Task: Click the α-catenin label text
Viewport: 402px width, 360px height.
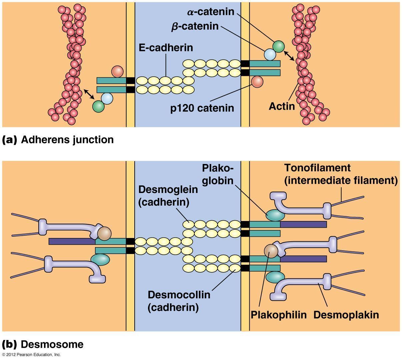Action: pyautogui.click(x=211, y=12)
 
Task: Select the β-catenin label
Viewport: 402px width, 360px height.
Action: pyautogui.click(x=195, y=26)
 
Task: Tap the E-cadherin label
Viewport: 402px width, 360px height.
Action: pyautogui.click(x=166, y=48)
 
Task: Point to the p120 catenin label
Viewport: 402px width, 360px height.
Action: pyautogui.click(x=202, y=108)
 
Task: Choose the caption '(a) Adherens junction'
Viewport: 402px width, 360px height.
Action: pyautogui.click(x=58, y=139)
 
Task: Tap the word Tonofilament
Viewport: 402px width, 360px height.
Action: pyautogui.click(x=317, y=168)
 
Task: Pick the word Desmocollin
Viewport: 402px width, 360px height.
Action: pyautogui.click(x=179, y=295)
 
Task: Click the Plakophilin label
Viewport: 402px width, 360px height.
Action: pyautogui.click(x=279, y=315)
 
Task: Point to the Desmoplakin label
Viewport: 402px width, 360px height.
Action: pyautogui.click(x=346, y=315)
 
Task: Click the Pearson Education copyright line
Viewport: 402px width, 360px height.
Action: pyautogui.click(x=31, y=355)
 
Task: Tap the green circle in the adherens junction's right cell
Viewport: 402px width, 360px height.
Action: pyautogui.click(x=279, y=46)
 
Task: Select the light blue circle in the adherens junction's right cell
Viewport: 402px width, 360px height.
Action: pyautogui.click(x=270, y=54)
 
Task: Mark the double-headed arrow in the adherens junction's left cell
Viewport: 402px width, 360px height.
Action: pyautogui.click(x=89, y=94)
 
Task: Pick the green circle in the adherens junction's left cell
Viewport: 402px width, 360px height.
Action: pyautogui.click(x=99, y=106)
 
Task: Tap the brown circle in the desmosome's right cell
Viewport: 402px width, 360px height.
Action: pyautogui.click(x=271, y=251)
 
